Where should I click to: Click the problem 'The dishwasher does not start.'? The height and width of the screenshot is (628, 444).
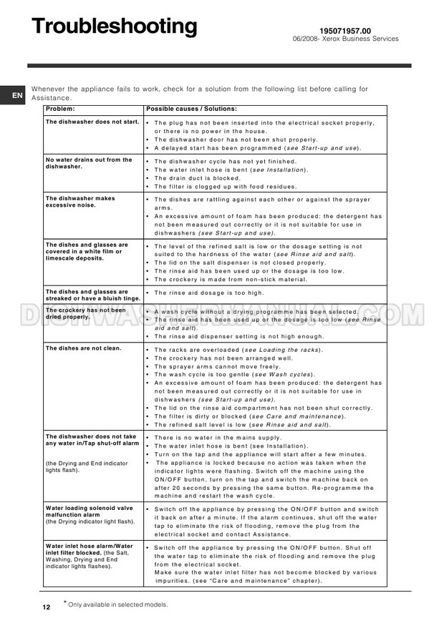[92, 122]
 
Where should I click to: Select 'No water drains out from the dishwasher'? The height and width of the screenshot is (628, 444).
[88, 163]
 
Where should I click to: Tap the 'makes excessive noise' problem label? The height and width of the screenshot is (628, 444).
[79, 202]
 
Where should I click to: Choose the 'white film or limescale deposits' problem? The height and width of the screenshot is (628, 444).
[86, 251]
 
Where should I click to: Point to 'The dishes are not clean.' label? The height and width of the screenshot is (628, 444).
[83, 348]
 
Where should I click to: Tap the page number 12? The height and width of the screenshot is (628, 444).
[46, 607]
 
